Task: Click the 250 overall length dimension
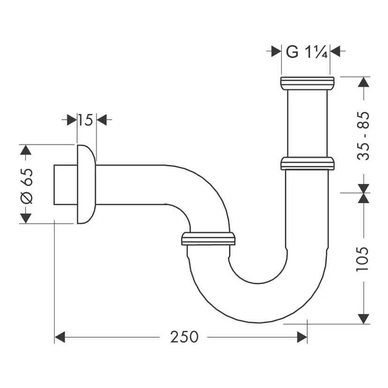[x=184, y=336]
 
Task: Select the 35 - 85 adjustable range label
[x=364, y=135]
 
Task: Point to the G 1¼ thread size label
[x=307, y=52]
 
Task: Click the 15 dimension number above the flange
[x=85, y=120]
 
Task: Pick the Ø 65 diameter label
[x=27, y=185]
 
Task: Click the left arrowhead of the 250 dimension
[x=60, y=337]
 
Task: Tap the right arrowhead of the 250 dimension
[x=302, y=337]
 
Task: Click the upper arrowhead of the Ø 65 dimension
[x=26, y=150]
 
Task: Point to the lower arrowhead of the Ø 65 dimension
[x=26, y=218]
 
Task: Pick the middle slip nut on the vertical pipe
[x=307, y=164]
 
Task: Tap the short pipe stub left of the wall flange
[x=65, y=185]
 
